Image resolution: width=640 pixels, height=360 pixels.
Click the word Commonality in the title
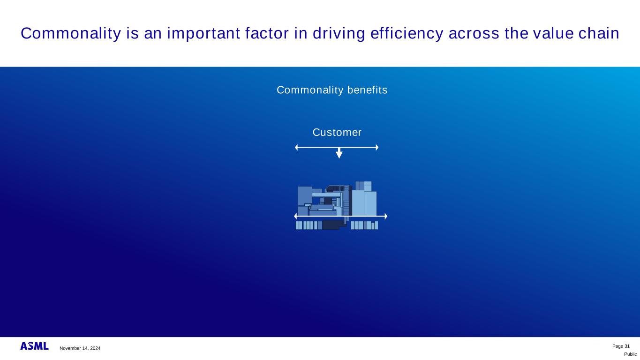71,33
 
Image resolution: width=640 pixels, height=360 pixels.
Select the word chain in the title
599,33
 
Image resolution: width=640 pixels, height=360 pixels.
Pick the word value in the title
553,33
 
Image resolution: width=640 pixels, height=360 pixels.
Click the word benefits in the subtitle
368,90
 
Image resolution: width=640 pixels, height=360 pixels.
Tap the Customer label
337,132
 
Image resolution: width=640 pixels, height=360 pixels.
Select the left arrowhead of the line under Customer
296,148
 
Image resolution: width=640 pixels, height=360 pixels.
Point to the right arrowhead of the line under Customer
377,148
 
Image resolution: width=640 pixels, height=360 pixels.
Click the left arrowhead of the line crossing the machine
296,216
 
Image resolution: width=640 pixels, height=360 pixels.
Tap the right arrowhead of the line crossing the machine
386,216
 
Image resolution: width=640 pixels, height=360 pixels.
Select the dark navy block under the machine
333,225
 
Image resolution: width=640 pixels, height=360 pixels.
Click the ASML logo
34,346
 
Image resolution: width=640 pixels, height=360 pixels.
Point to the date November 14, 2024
80,348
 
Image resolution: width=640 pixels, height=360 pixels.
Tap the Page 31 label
621,346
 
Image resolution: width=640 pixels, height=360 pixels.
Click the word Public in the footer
630,354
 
